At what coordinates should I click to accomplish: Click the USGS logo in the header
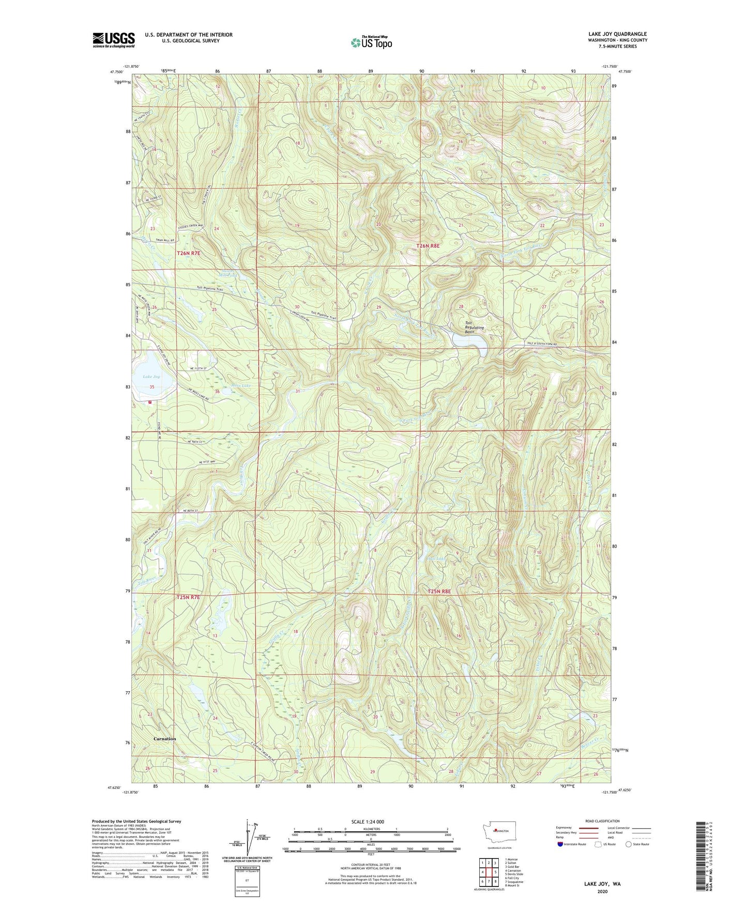113,39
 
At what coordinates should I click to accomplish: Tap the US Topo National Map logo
371,42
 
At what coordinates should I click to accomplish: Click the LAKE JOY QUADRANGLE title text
617,34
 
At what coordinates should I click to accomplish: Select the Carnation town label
164,739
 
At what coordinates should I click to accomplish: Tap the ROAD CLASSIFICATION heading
602,821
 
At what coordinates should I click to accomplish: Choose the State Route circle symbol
628,844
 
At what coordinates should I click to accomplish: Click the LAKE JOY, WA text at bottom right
602,884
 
